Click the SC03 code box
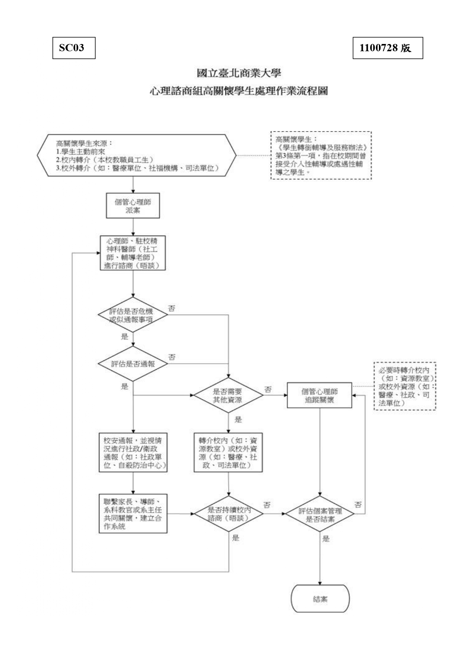(x=74, y=48)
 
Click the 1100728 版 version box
(x=387, y=48)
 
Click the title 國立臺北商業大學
(x=238, y=73)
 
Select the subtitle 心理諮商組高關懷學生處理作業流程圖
(x=238, y=91)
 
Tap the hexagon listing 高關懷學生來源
(x=137, y=155)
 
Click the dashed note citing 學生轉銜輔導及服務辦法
(x=321, y=155)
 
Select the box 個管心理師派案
(x=133, y=206)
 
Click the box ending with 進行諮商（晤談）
(x=133, y=253)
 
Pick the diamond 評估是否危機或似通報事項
(x=133, y=315)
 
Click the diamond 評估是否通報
(x=133, y=364)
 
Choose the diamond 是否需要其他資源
(x=228, y=395)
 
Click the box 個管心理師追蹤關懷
(x=319, y=395)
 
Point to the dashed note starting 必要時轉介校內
(x=405, y=386)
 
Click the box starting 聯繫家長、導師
(x=133, y=513)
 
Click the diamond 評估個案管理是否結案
(x=320, y=514)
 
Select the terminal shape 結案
(x=320, y=599)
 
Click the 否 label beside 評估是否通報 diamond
(x=172, y=357)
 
